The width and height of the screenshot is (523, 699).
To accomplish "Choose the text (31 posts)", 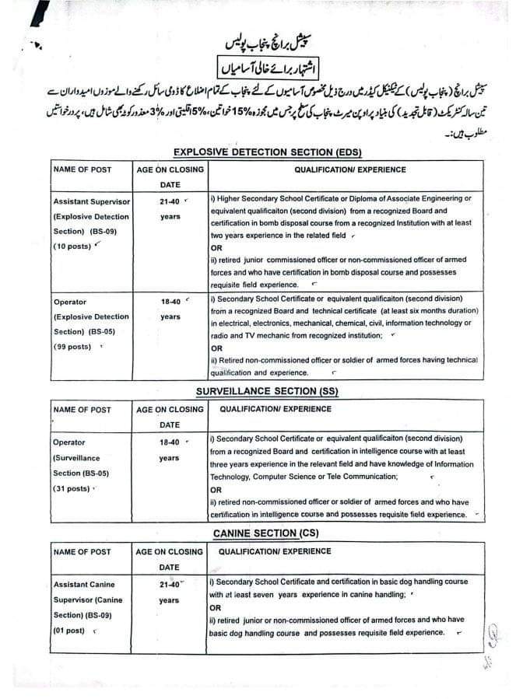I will pos(72,488).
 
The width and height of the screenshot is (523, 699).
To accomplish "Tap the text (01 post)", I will pos(69,631).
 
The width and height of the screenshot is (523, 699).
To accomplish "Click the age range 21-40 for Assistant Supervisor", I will pos(169,201).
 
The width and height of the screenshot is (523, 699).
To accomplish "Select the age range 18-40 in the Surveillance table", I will pos(169,442).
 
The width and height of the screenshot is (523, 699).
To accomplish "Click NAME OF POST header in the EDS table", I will pos(82,170).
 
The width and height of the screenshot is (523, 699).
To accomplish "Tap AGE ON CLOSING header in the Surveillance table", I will pos(170,410).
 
